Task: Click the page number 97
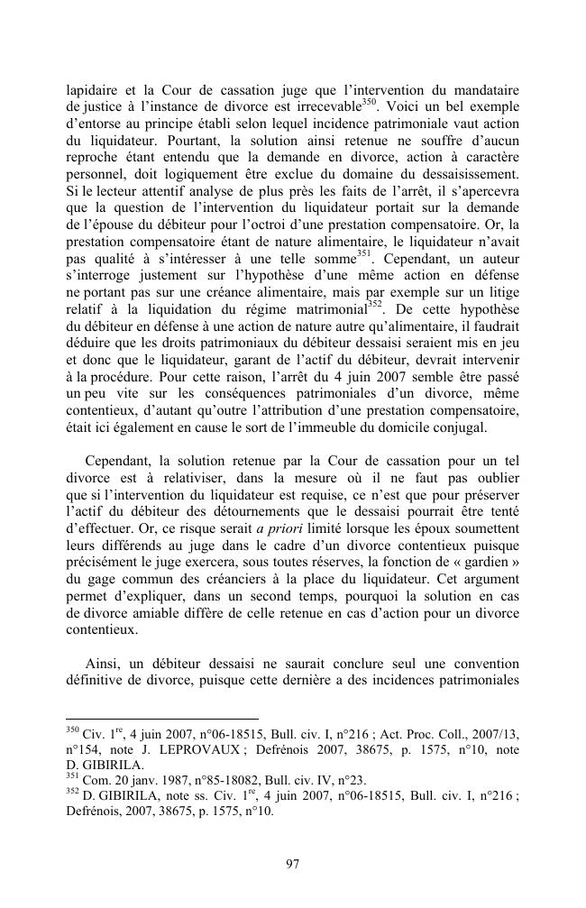click(292, 864)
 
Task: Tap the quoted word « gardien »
click(487, 557)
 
